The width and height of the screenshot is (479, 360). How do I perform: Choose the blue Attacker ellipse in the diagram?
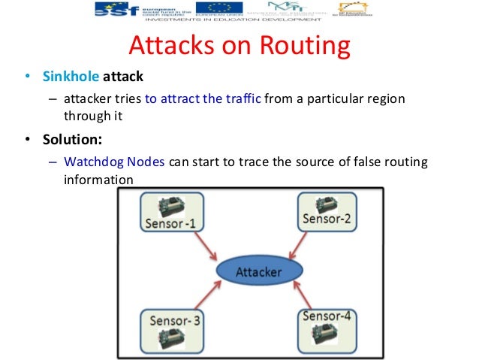click(258, 271)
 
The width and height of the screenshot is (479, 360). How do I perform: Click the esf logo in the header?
click(120, 9)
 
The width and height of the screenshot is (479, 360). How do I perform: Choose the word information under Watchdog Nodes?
click(98, 180)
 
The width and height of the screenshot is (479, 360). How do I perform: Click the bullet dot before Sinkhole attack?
click(27, 77)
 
